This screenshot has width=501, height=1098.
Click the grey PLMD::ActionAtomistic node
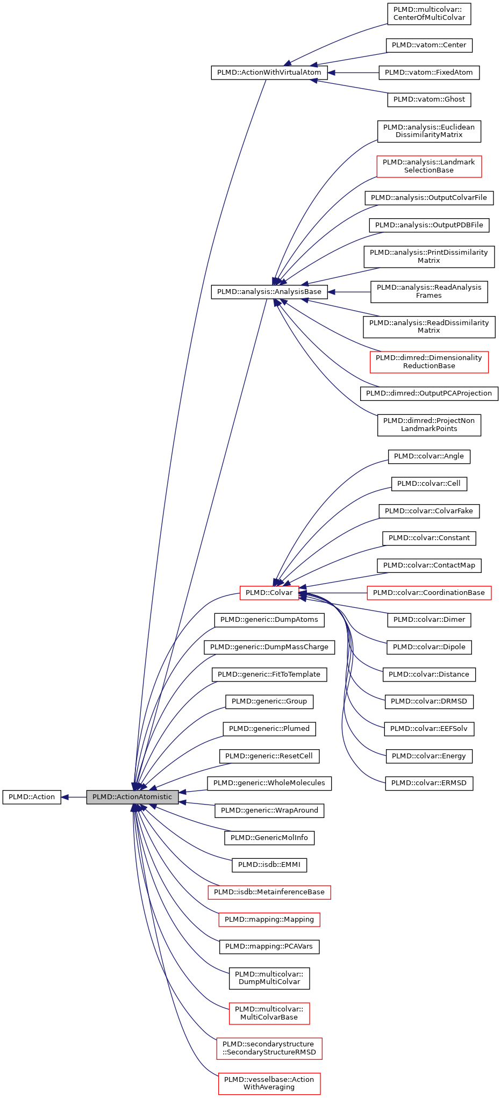(132, 797)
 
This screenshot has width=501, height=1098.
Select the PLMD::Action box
(32, 797)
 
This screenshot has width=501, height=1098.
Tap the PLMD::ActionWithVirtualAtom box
(269, 73)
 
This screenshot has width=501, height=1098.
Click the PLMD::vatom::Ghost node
(429, 99)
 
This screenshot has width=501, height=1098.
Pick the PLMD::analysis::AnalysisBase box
(269, 292)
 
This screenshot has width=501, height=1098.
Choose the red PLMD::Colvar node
(269, 593)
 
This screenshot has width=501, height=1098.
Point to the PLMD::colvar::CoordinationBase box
(428, 593)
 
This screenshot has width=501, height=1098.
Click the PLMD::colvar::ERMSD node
(428, 783)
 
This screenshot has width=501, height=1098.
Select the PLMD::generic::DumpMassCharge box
(269, 647)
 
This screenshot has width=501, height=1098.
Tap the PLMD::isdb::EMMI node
(269, 865)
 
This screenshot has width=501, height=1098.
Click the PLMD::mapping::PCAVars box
(269, 946)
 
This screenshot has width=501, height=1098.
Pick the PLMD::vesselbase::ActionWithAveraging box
(269, 1083)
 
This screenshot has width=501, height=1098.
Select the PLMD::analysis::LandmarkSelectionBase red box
(428, 166)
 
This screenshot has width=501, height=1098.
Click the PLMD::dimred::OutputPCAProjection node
(428, 393)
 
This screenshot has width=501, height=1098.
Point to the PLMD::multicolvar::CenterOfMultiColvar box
(428, 13)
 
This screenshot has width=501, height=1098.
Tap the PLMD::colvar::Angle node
(428, 456)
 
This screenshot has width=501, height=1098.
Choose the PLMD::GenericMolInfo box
(269, 838)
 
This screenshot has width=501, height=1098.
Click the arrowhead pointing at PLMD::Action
(65, 797)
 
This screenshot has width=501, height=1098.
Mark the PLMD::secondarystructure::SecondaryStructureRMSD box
(269, 1048)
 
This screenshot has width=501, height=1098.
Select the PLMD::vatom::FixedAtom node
(428, 73)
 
